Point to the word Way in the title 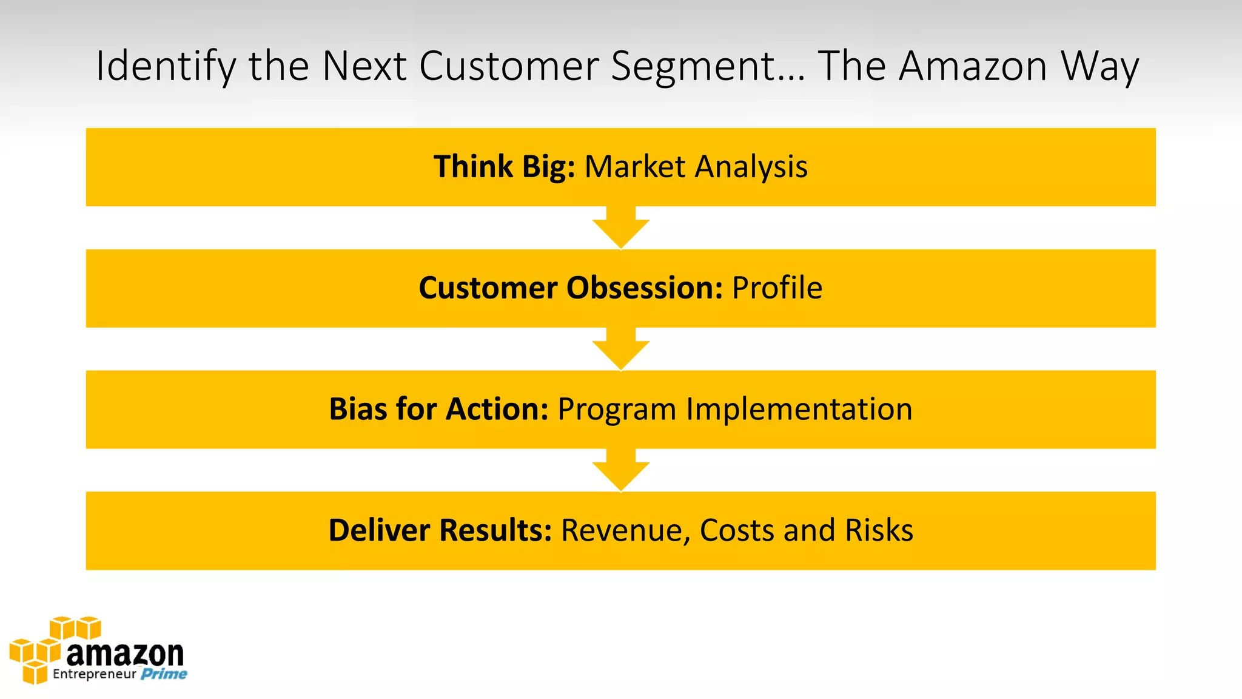1099,67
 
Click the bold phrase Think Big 504,167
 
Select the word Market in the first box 634,167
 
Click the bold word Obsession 644,288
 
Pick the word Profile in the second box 777,288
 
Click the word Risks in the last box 879,530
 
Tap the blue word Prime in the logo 164,674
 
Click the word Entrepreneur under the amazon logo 94,674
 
